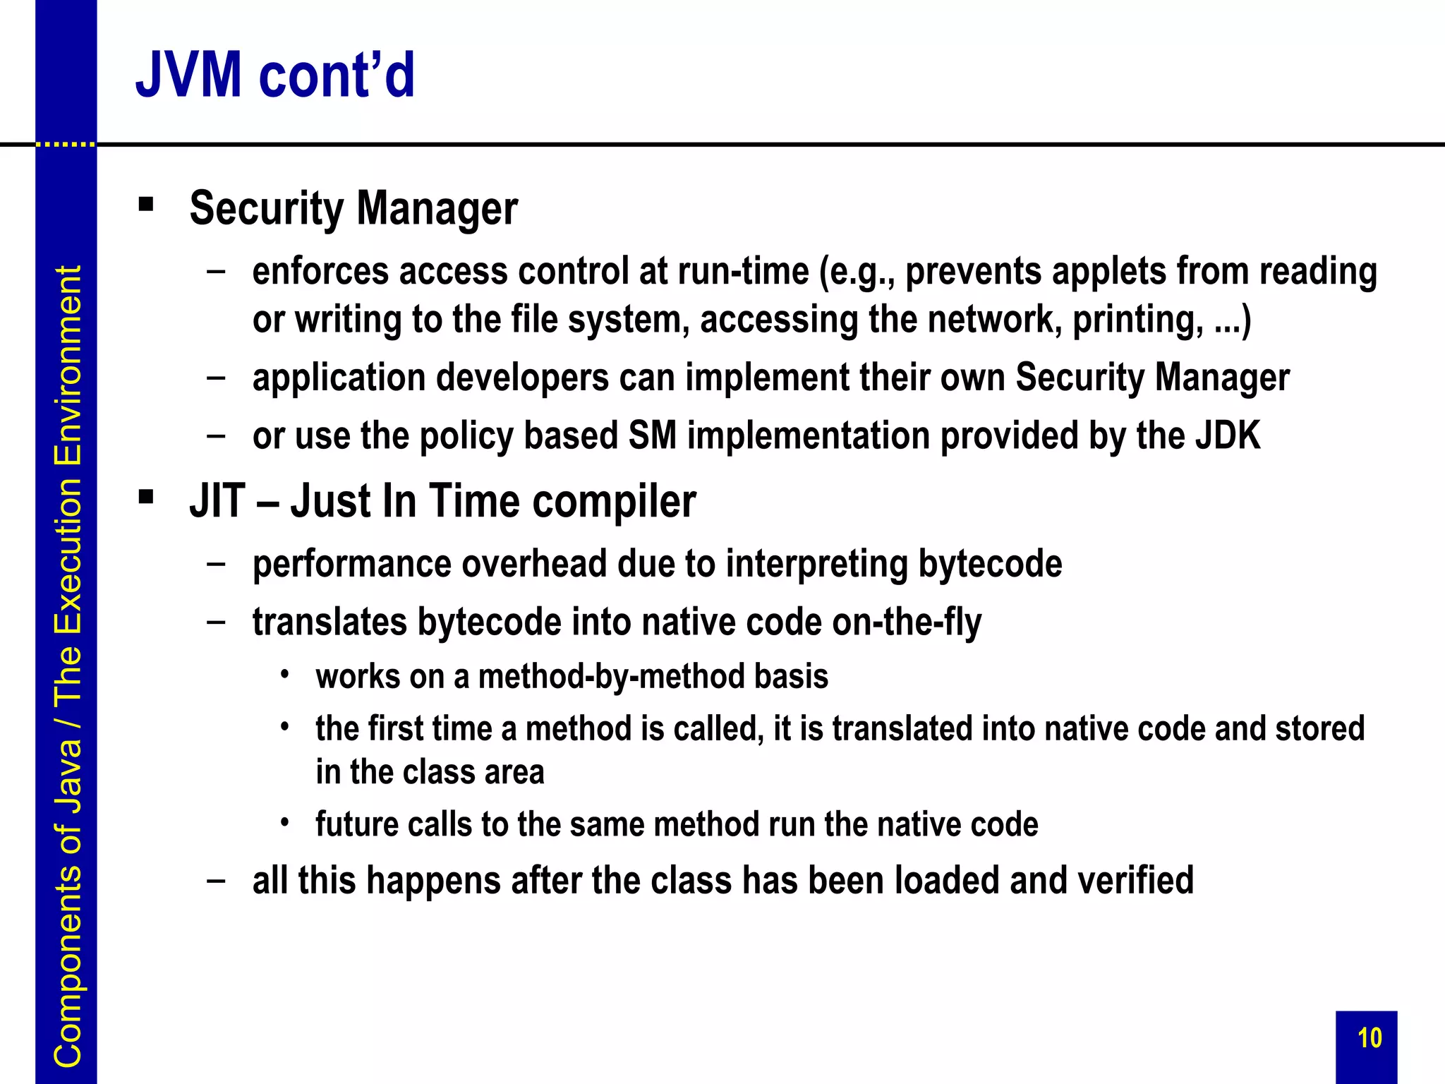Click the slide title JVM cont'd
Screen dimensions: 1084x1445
point(275,75)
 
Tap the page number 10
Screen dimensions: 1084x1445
point(1370,1038)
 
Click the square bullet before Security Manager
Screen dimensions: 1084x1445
point(146,205)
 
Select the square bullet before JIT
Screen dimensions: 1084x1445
point(146,498)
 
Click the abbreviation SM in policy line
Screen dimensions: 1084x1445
point(652,435)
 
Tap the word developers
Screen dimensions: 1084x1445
point(522,379)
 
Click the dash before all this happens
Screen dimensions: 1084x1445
point(217,881)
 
